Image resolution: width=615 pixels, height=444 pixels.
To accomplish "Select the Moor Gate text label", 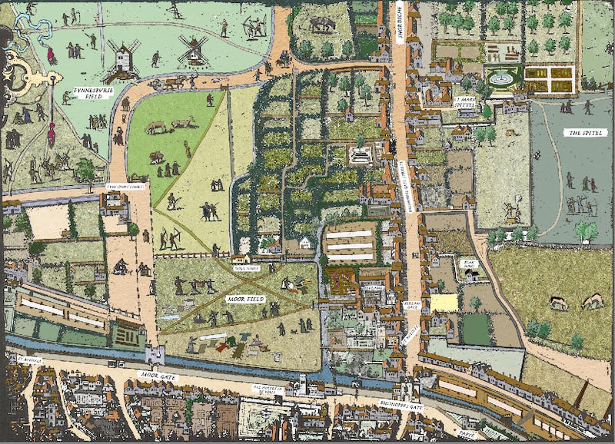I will click(160, 374).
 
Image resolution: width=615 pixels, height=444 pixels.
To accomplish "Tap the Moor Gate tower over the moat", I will click(155, 355).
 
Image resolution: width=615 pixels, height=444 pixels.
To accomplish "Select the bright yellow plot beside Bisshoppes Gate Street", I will click(444, 302).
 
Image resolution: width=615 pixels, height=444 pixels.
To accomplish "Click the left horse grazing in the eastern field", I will click(557, 303).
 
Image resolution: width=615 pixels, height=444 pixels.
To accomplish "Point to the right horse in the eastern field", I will click(593, 301).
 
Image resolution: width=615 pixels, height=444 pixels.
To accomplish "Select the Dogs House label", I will click(245, 268).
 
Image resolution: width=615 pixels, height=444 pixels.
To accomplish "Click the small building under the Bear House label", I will click(470, 273).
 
